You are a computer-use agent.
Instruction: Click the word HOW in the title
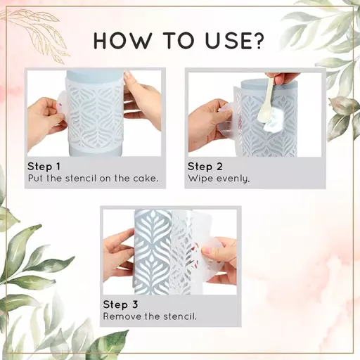(122, 41)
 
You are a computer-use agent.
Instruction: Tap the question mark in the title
(259, 41)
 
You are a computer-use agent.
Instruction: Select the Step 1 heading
(44, 167)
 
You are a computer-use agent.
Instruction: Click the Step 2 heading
(205, 167)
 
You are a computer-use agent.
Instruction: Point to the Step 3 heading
(120, 304)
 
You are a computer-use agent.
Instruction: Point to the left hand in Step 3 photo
(119, 255)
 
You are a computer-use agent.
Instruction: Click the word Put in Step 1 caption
(35, 179)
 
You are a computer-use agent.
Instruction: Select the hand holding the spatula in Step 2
(286, 78)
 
